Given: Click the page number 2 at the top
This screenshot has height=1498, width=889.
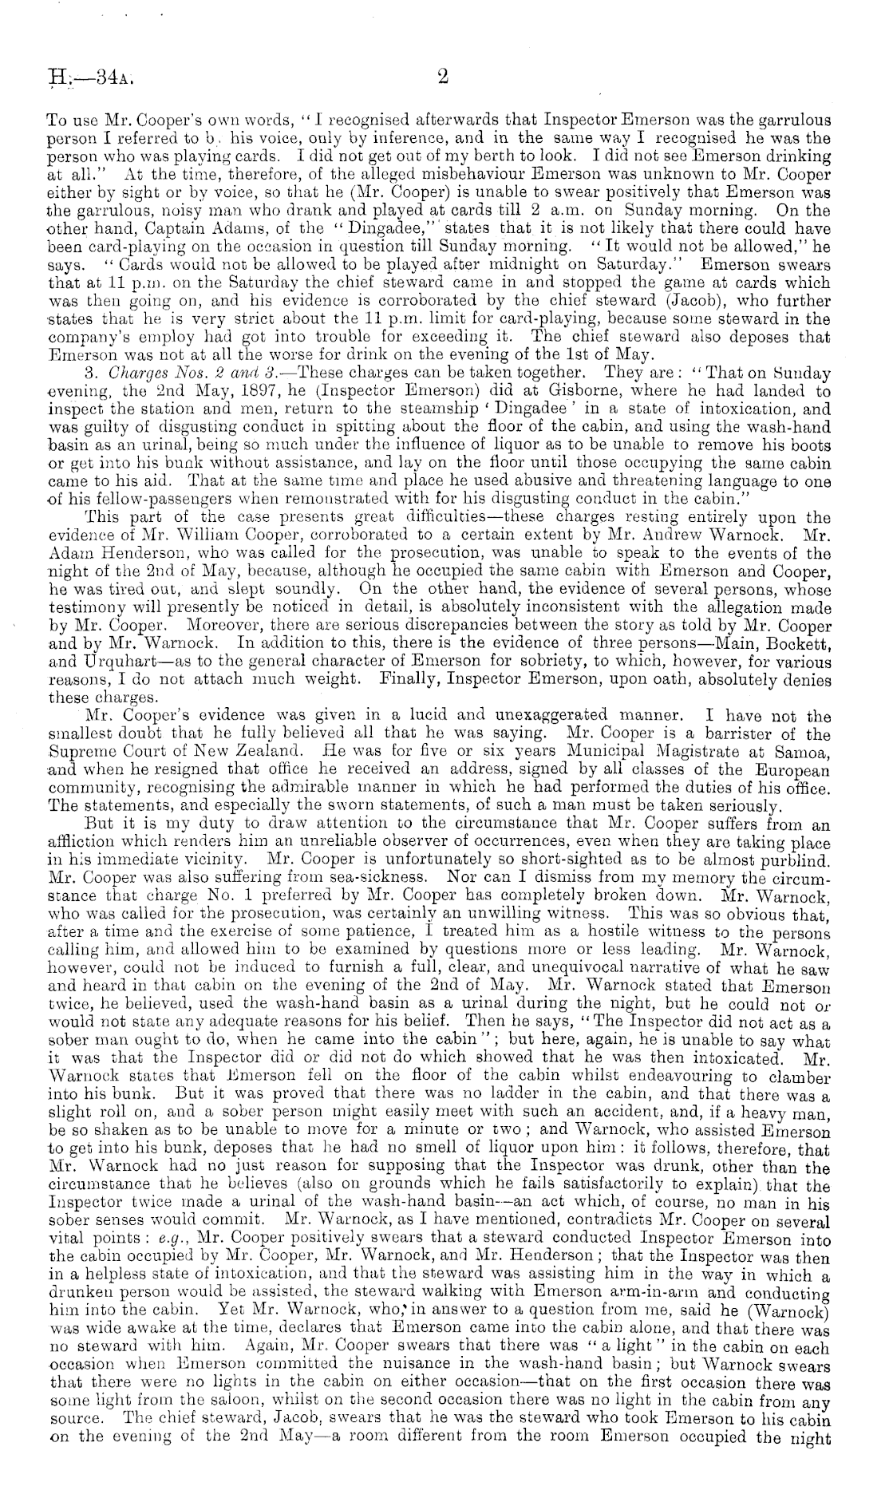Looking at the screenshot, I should click(x=444, y=77).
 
